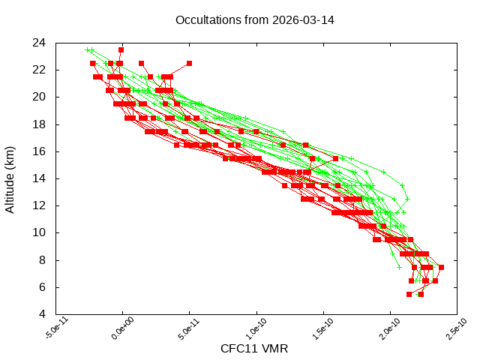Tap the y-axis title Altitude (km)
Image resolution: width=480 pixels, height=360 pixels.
10,178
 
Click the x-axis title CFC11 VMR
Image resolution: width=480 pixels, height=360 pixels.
254,349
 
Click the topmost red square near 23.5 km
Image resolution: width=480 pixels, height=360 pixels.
121,49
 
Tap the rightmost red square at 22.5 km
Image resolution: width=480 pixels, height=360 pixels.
189,63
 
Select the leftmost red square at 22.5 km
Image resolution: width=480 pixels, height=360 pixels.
93,63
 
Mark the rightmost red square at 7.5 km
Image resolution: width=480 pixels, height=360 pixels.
441,267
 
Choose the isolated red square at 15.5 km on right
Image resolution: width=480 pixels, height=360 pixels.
335,158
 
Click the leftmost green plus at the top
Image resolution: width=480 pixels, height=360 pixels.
88,49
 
